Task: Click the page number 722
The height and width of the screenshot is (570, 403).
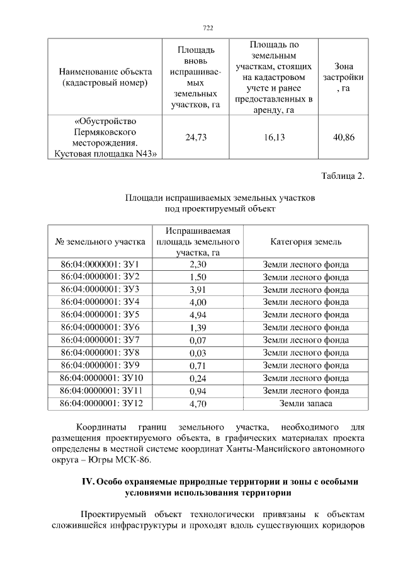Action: click(x=208, y=28)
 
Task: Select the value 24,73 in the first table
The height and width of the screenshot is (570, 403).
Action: click(x=196, y=137)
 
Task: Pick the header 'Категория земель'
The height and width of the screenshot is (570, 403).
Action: click(x=305, y=241)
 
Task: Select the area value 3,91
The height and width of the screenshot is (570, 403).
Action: click(x=198, y=289)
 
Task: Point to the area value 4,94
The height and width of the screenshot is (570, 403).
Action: click(x=198, y=314)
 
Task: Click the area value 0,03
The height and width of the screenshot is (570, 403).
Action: click(x=198, y=353)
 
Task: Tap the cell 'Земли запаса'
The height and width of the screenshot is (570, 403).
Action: click(x=305, y=403)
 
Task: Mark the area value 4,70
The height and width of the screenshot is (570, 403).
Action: click(x=198, y=403)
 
